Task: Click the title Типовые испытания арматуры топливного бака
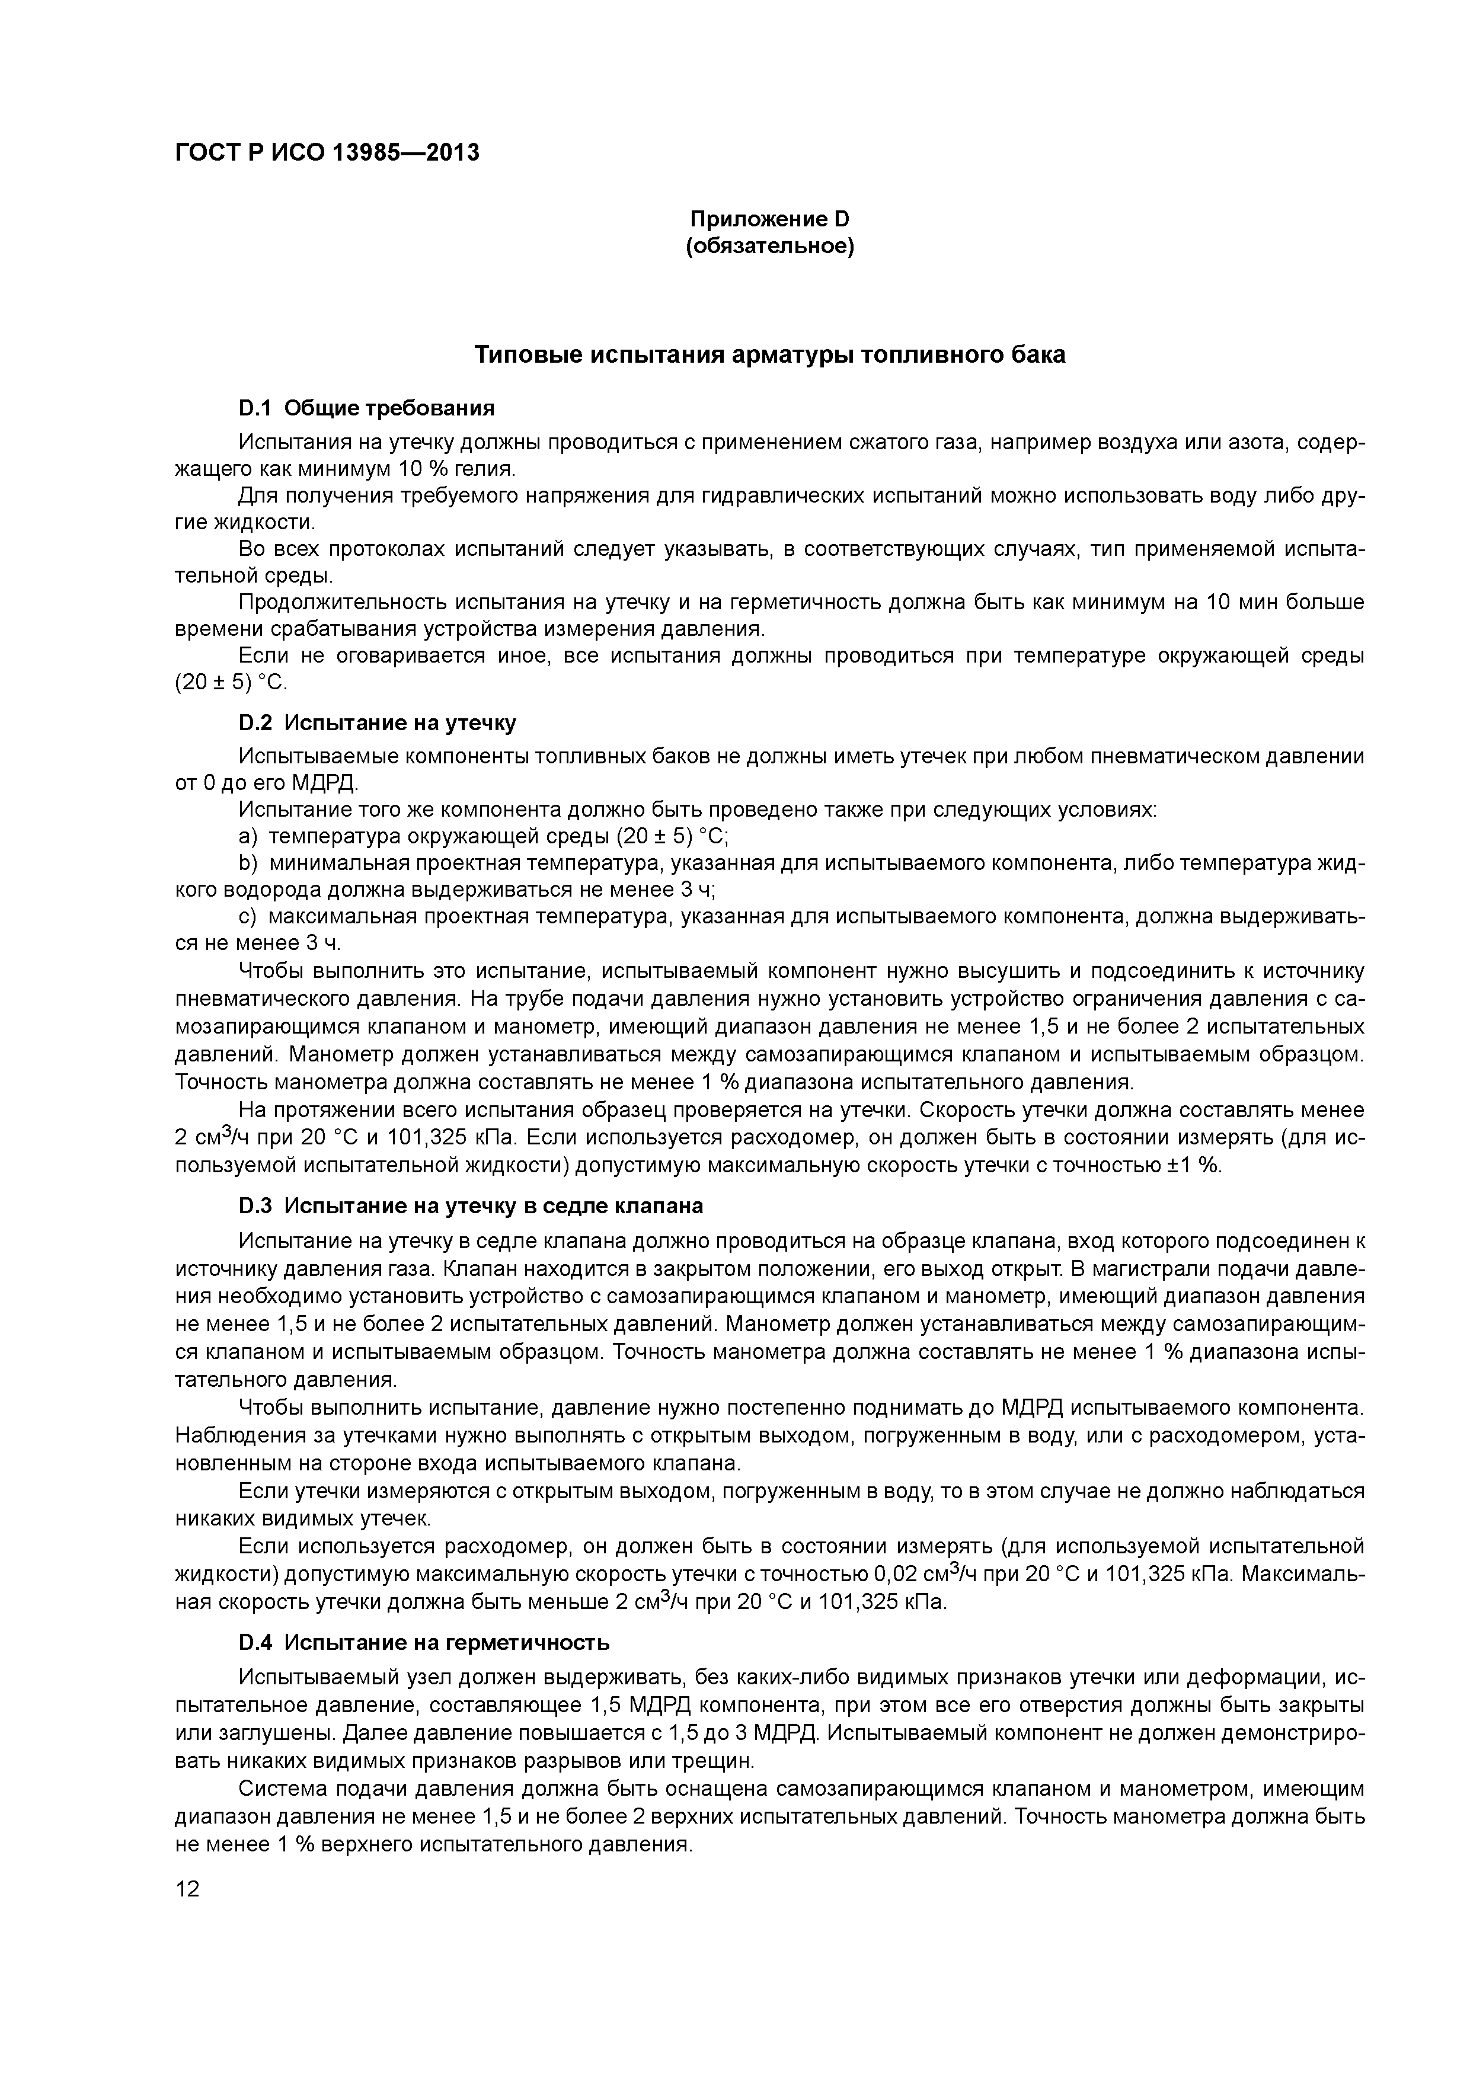click(x=770, y=355)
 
